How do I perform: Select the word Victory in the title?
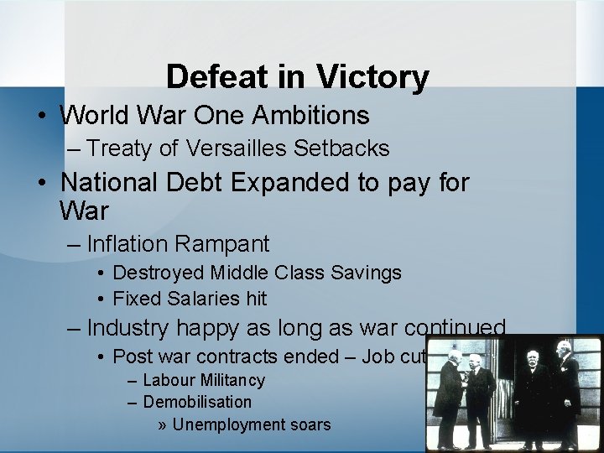[x=372, y=77]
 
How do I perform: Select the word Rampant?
[x=225, y=244]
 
